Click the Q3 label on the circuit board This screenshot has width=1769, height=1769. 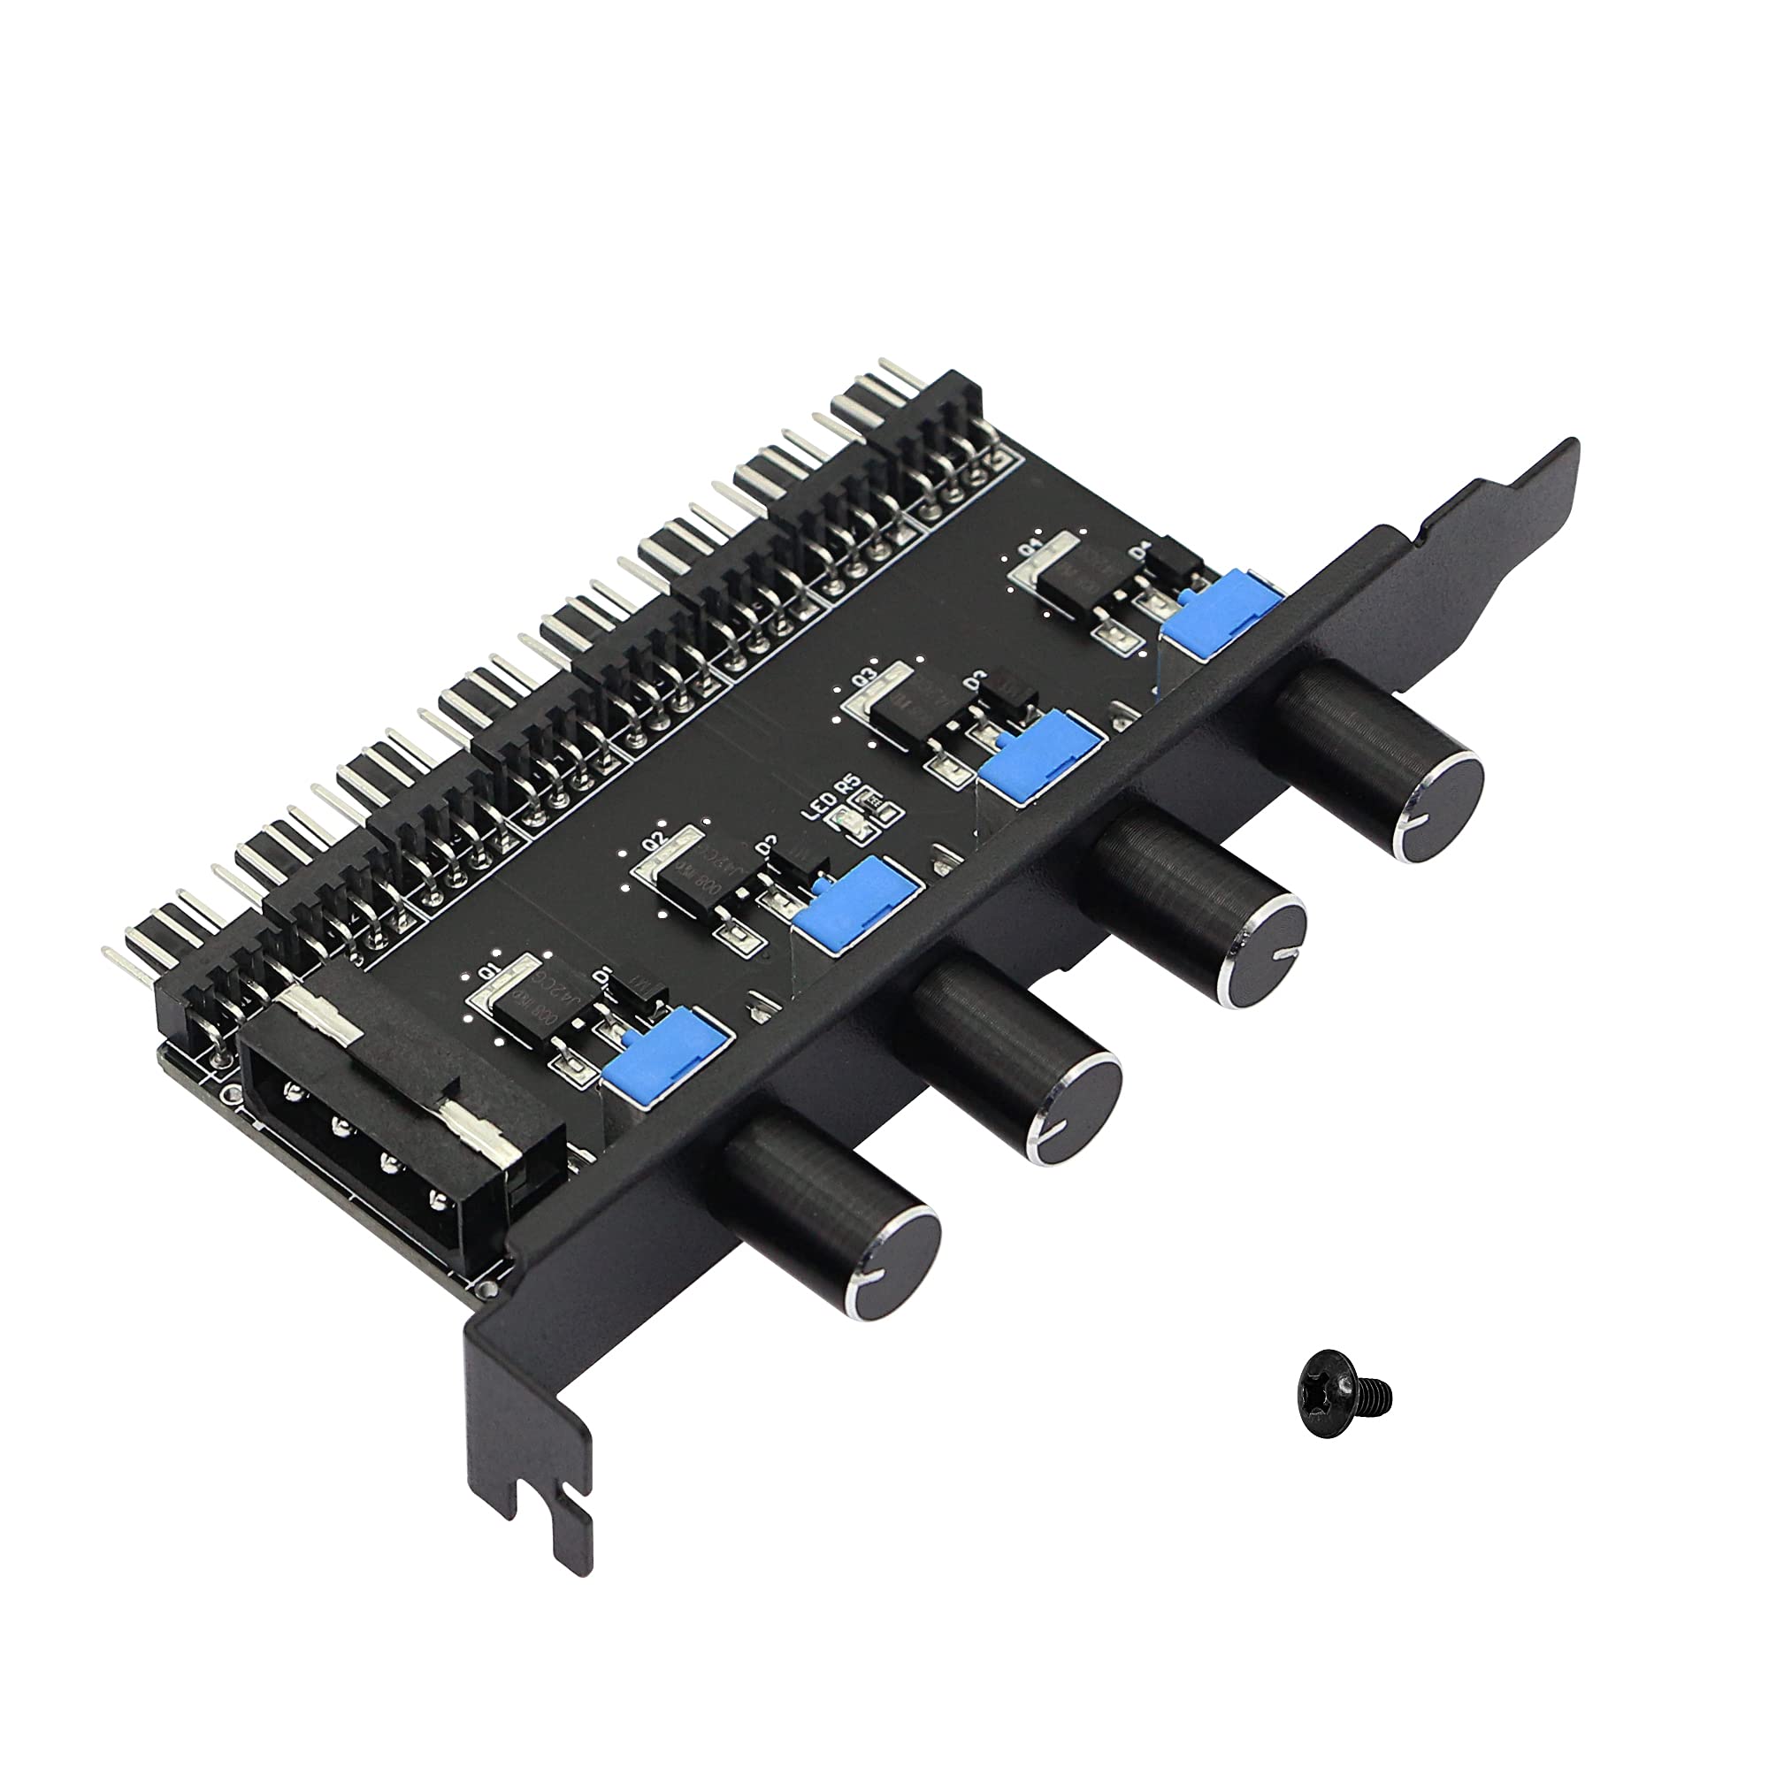pyautogui.click(x=862, y=679)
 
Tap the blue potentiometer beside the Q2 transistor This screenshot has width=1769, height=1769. pyautogui.click(x=856, y=903)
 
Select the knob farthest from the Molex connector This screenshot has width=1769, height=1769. pyautogui.click(x=1382, y=763)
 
